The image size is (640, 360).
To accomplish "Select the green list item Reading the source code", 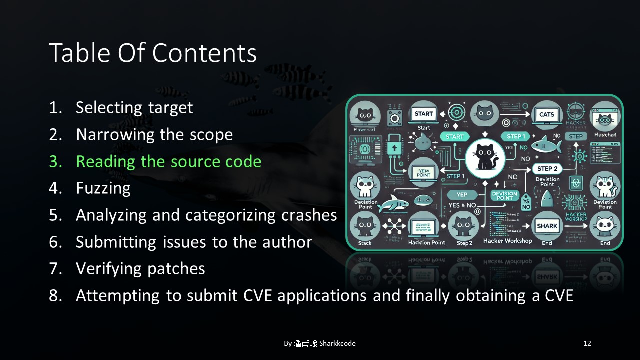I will point(168,161).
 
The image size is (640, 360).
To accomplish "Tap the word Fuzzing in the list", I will point(103,188).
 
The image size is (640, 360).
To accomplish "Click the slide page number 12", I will point(587,343).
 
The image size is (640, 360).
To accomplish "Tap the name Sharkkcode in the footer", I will point(337,343).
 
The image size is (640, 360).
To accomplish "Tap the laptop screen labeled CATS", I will point(547,115).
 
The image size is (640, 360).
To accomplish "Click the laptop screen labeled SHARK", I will point(547,226).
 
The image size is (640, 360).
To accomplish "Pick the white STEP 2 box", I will point(547,169).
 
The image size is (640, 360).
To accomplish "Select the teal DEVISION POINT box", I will point(504,195).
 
